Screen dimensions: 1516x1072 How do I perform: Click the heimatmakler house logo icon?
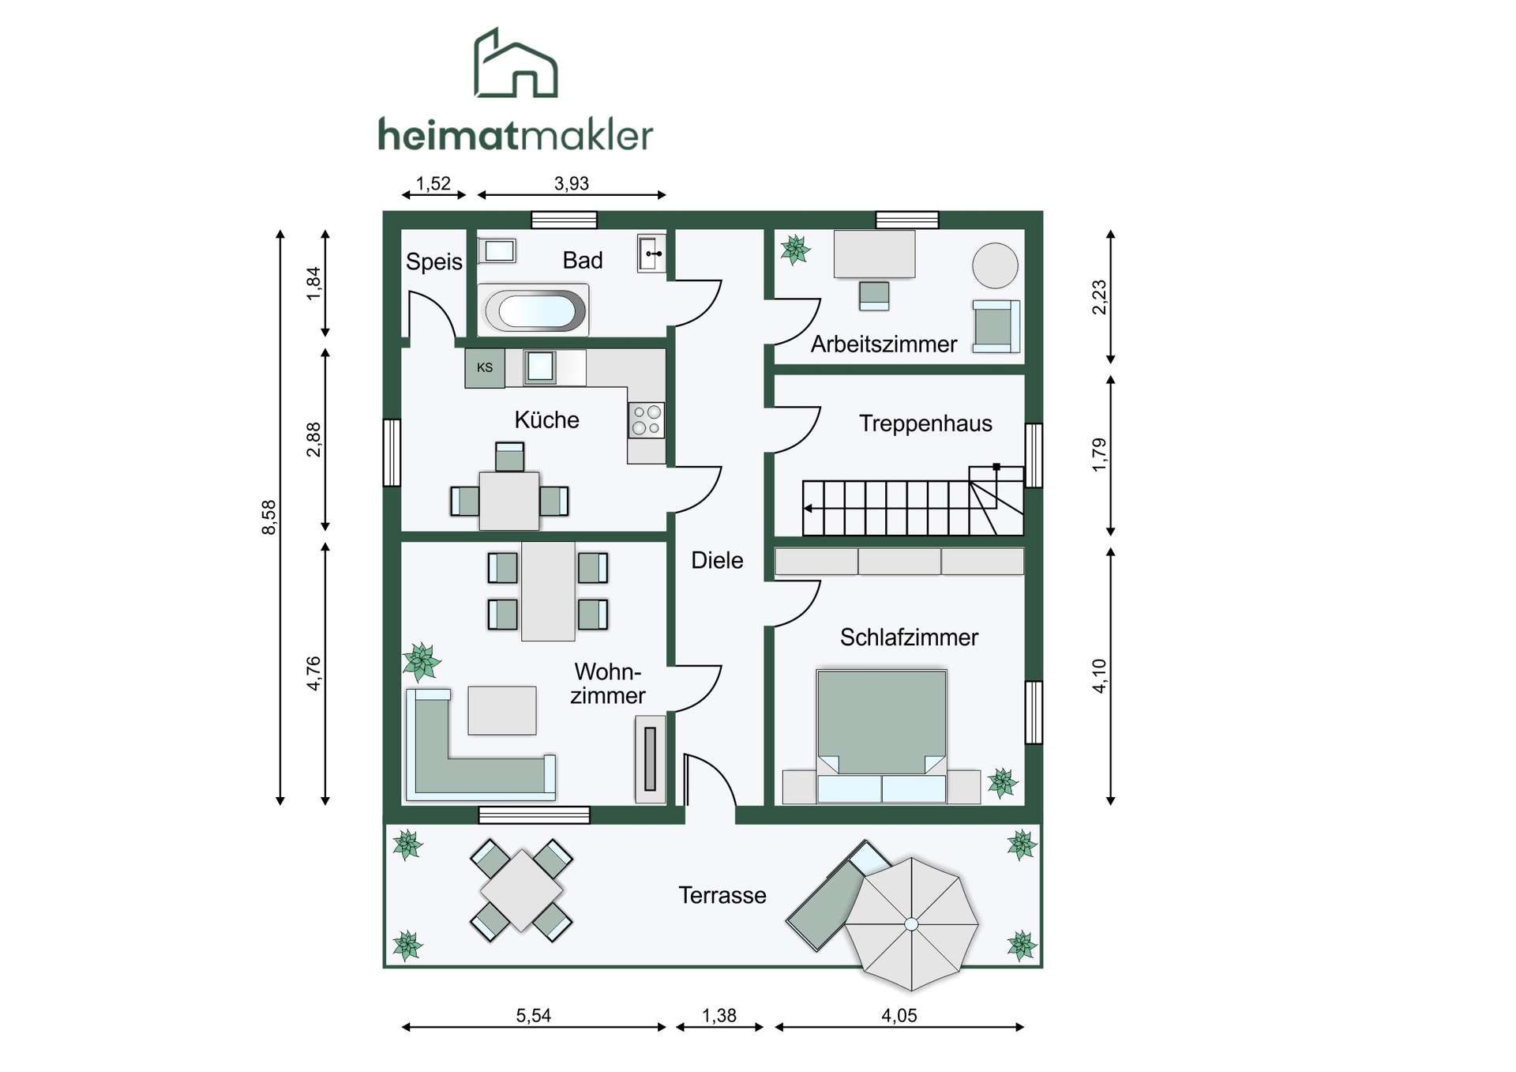(x=516, y=63)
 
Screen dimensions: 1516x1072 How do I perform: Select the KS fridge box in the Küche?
(x=485, y=368)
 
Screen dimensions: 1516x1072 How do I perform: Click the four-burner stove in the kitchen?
(x=646, y=420)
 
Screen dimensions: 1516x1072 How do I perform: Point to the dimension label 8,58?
(x=269, y=517)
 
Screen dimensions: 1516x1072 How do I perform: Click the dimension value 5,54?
(x=534, y=1016)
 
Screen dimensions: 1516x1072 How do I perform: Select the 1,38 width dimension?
(x=719, y=1016)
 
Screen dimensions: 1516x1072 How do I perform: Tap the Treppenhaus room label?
(x=925, y=424)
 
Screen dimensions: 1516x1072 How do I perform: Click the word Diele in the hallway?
(x=717, y=561)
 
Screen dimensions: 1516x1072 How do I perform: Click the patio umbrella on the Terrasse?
(x=911, y=923)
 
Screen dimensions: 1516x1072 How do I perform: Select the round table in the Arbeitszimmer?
(x=995, y=265)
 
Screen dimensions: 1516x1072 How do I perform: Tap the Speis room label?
(x=433, y=262)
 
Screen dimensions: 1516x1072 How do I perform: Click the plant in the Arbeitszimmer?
(x=795, y=250)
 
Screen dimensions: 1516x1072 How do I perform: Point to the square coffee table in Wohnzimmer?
(x=502, y=710)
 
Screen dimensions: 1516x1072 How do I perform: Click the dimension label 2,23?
(x=1099, y=298)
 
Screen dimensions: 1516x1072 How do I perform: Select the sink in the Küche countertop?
(x=541, y=367)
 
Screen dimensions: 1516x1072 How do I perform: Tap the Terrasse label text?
(x=722, y=896)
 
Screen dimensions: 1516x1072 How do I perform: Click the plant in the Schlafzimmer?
(x=1003, y=783)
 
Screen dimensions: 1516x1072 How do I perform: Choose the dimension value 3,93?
(x=572, y=184)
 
